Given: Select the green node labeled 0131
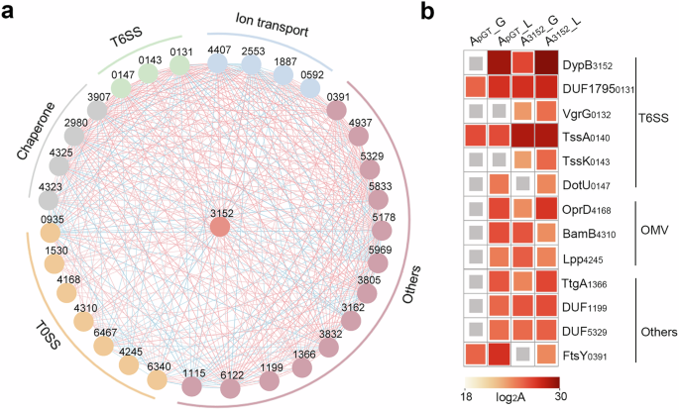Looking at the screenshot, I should click(x=179, y=65).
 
